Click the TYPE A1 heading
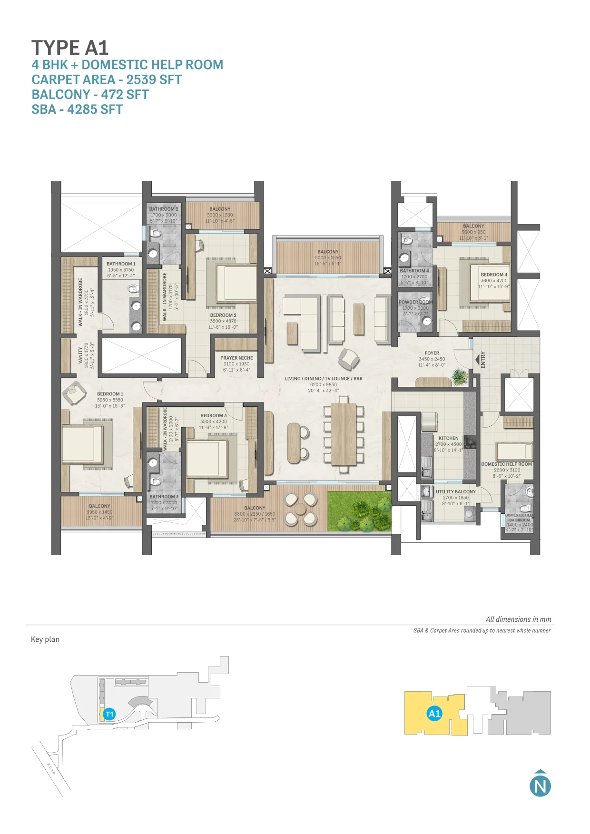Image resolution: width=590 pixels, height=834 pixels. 70,48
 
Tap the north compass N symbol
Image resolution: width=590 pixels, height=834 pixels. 540,785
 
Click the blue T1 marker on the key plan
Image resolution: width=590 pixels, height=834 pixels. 109,714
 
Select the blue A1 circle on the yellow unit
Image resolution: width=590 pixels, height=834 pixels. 434,713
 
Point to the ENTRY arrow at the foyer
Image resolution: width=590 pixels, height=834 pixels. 477,359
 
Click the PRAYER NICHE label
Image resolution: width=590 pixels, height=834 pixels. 236,358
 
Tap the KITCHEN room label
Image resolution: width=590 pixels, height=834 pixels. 448,438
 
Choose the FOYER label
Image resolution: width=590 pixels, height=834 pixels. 432,353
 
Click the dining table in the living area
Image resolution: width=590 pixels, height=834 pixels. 344,434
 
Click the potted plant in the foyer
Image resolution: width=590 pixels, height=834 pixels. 459,376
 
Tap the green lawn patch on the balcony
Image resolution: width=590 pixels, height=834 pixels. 359,511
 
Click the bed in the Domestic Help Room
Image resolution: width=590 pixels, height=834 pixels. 514,450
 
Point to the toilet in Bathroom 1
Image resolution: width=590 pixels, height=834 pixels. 133,288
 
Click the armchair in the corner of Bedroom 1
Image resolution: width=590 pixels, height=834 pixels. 73,392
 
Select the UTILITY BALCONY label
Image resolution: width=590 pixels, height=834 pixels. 455,491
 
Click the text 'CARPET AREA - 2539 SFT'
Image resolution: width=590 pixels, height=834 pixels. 107,79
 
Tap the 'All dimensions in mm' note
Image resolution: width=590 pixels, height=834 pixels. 518,619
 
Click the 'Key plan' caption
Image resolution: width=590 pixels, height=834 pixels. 45,639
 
